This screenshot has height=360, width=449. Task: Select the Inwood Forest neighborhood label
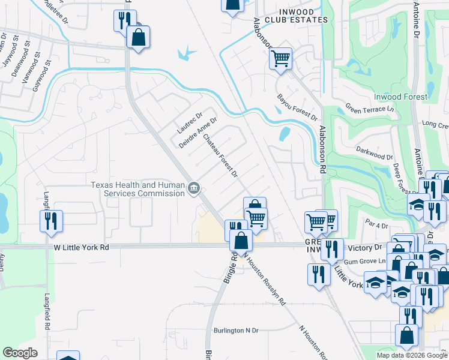click(400, 97)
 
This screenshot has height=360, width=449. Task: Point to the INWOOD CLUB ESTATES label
click(295, 15)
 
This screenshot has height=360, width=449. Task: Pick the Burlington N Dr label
click(236, 331)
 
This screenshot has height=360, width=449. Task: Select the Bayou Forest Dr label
click(297, 106)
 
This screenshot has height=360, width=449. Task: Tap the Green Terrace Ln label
click(370, 109)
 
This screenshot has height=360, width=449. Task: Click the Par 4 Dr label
click(377, 225)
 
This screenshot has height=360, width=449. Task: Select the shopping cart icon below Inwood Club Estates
click(280, 59)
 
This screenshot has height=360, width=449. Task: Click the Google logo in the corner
click(20, 353)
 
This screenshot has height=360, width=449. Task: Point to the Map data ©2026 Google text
click(411, 355)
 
